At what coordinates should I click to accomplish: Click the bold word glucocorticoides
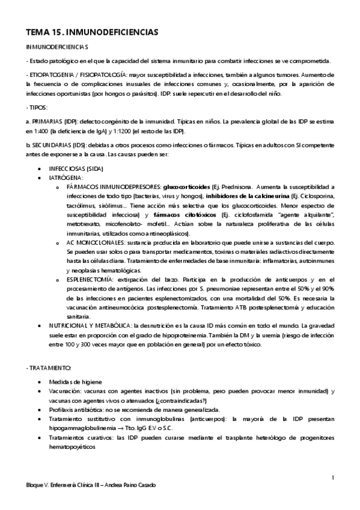pyautogui.click(x=186, y=187)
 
